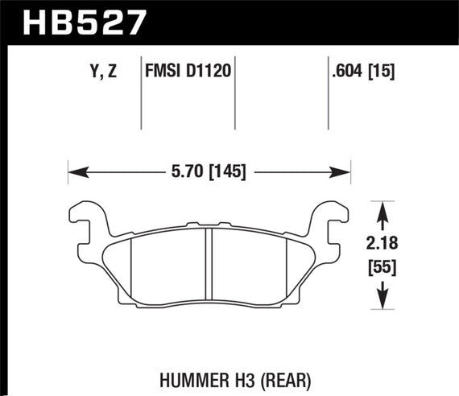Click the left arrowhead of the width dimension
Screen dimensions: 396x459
click(x=73, y=171)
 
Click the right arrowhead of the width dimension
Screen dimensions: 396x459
click(x=345, y=171)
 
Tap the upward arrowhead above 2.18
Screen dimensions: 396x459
click(x=382, y=208)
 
